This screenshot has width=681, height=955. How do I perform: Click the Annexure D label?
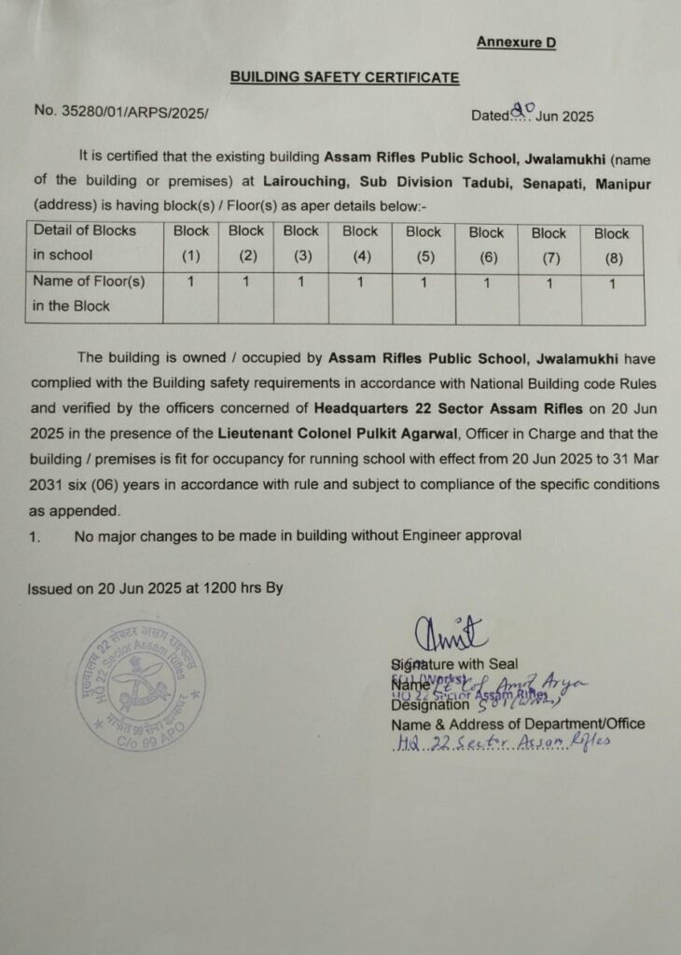click(x=516, y=42)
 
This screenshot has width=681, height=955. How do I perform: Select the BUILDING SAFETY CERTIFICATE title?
click(x=344, y=77)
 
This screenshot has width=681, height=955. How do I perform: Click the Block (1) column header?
click(x=190, y=242)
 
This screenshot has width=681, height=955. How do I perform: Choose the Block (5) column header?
click(x=424, y=242)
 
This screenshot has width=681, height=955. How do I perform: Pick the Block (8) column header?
click(x=612, y=244)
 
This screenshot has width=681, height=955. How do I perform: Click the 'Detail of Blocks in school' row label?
click(x=84, y=242)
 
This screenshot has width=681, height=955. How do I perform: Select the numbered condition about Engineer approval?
click(x=297, y=535)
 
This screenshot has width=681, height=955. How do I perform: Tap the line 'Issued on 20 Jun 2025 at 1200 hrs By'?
click(x=155, y=588)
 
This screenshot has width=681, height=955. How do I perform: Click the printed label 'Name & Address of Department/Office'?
click(x=517, y=723)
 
